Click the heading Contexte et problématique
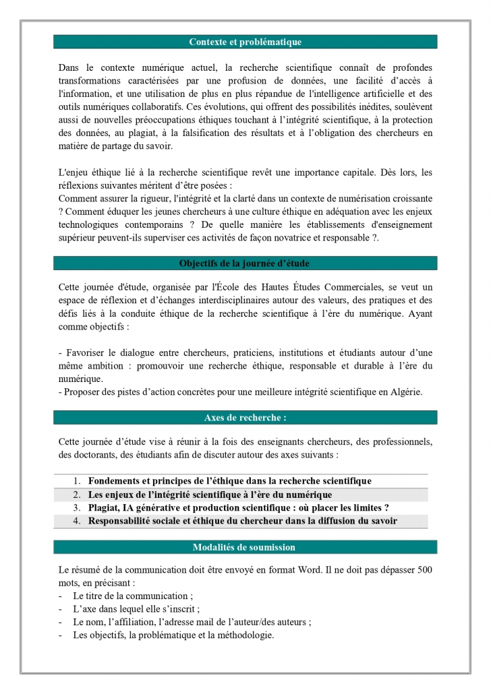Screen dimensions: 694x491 [245, 42]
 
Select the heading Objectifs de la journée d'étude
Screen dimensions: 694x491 [245, 263]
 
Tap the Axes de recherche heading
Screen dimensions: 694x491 [245, 418]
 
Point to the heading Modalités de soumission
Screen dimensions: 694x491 [245, 547]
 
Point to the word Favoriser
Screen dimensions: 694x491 [85, 352]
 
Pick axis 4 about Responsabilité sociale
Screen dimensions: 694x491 [242, 521]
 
